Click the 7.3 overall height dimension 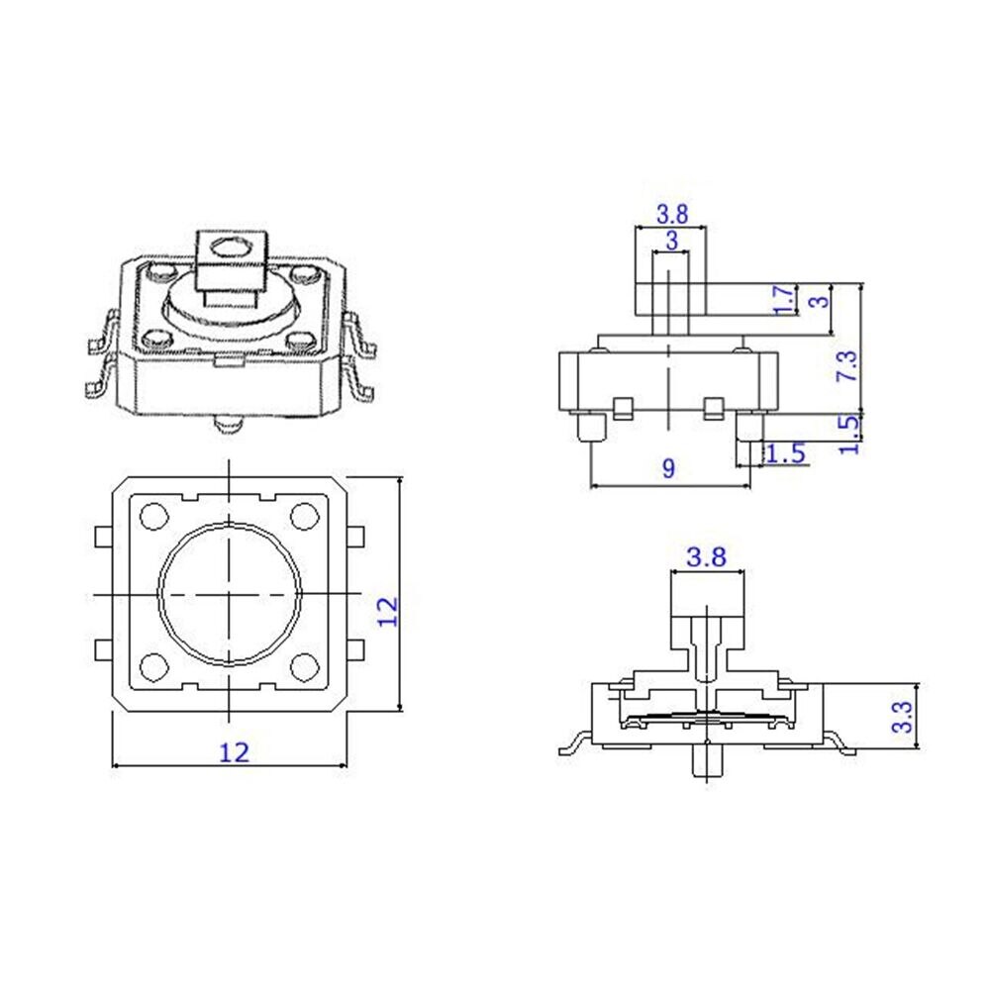coord(846,367)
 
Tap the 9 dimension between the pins coord(668,468)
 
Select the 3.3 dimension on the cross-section coord(902,716)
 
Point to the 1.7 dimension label coord(781,300)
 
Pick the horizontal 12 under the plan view coord(233,751)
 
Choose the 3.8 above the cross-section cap coord(707,557)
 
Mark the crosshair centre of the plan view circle coord(230,593)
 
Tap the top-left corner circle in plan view coord(155,517)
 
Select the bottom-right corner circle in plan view coord(305,668)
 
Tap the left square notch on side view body coord(624,407)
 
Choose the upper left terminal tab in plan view coord(101,537)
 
